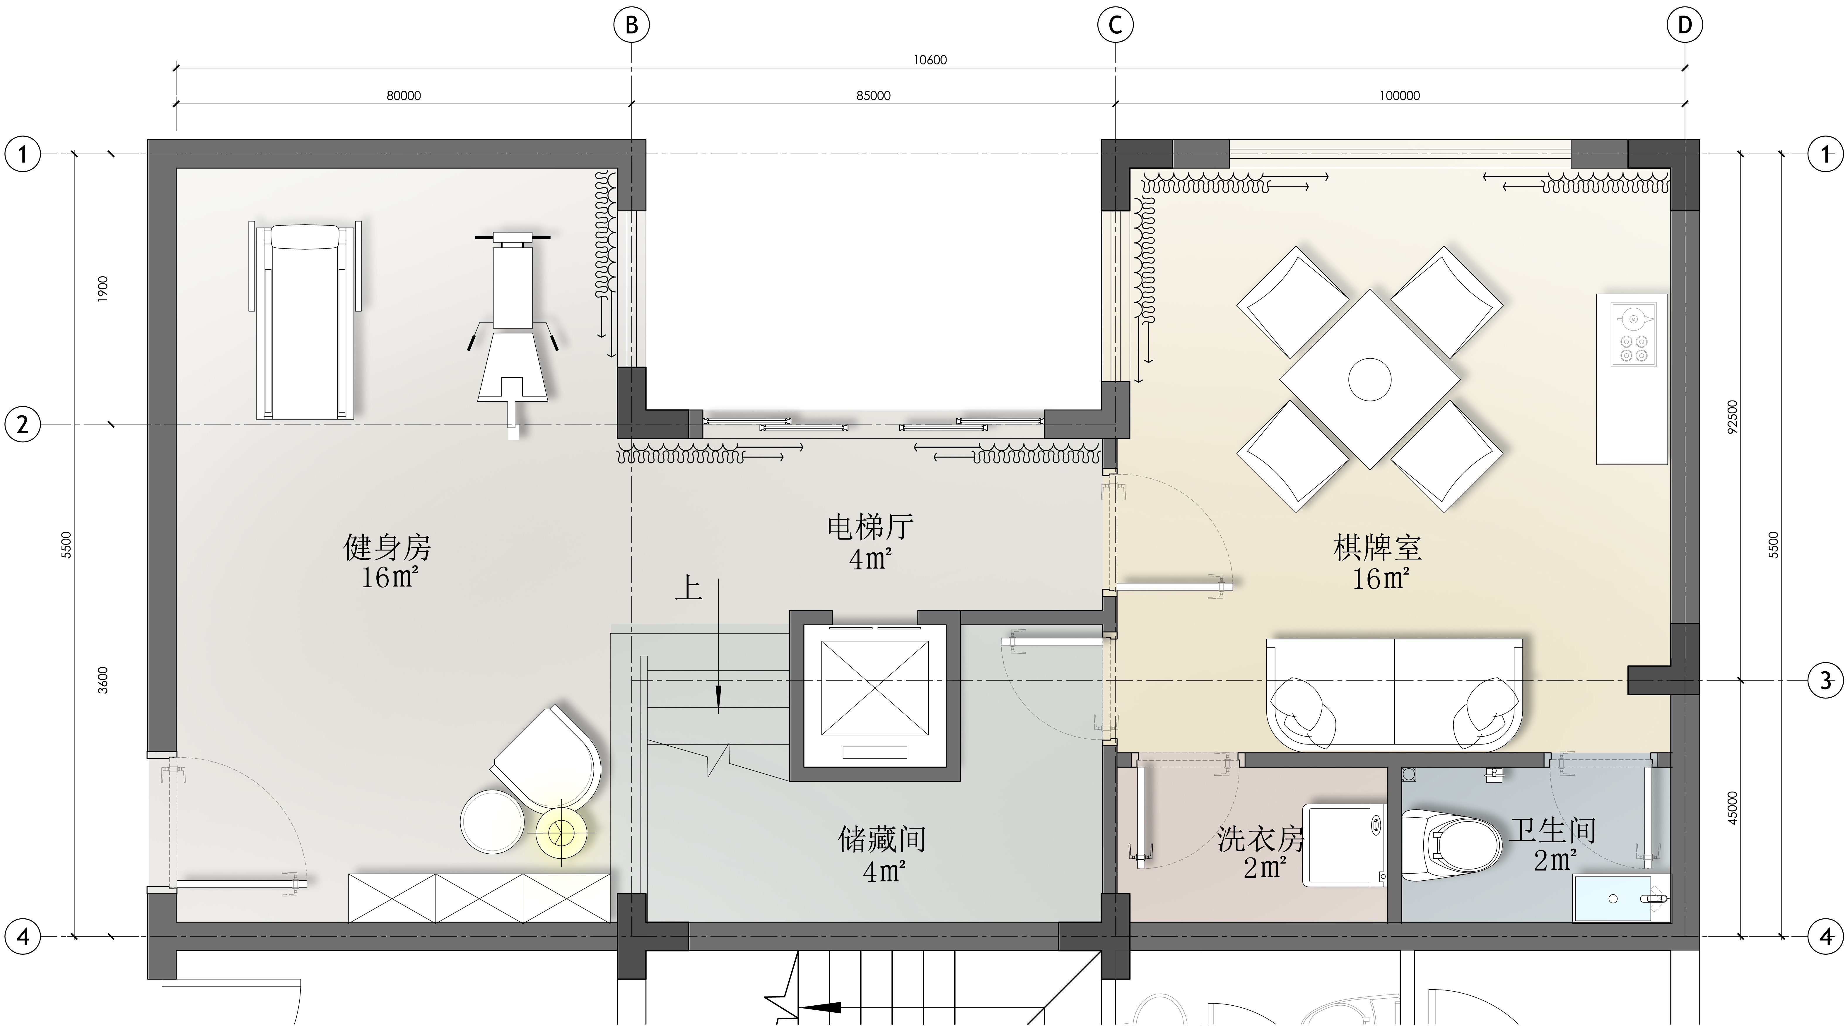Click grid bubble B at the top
(x=631, y=25)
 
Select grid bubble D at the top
(x=1685, y=25)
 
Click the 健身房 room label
(x=387, y=548)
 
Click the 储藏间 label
(x=882, y=838)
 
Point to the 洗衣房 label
(x=1261, y=838)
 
